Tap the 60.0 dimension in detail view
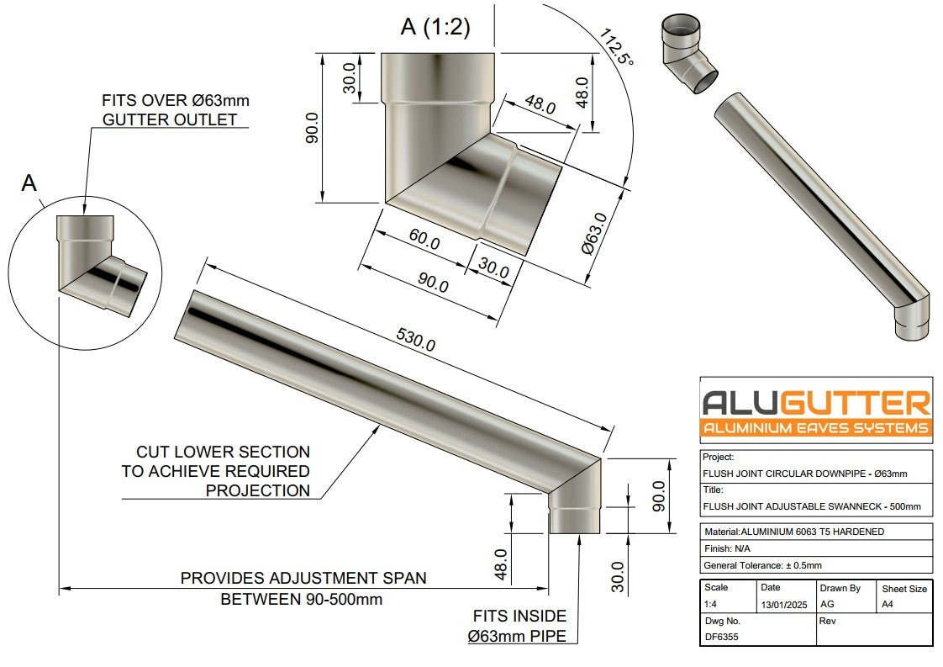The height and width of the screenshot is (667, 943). (x=424, y=241)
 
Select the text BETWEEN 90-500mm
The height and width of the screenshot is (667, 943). (x=302, y=600)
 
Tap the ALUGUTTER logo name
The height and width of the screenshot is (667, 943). (x=815, y=402)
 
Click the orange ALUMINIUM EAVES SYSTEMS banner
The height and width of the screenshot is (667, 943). (x=815, y=428)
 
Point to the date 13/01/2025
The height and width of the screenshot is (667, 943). (x=783, y=604)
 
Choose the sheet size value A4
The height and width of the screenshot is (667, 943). (x=886, y=604)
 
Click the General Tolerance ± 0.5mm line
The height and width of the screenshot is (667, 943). (x=761, y=565)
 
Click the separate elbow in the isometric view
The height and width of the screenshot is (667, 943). (x=687, y=55)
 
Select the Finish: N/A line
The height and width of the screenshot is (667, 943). (x=728, y=548)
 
